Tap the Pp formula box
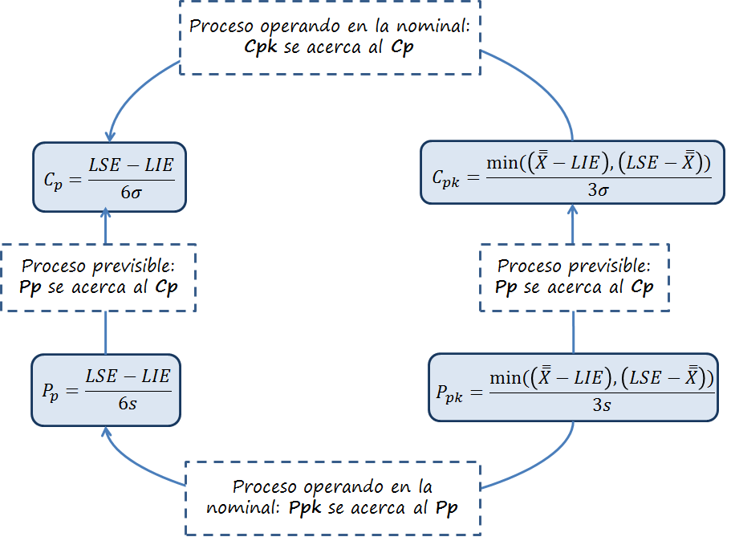click(x=106, y=388)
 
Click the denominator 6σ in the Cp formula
click(x=129, y=192)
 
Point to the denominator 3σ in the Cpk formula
click(x=599, y=191)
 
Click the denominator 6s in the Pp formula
click(x=128, y=403)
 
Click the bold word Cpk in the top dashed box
click(x=262, y=47)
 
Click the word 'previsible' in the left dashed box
click(x=131, y=266)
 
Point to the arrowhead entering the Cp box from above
click(x=109, y=137)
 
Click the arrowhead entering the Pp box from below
click(x=106, y=431)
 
